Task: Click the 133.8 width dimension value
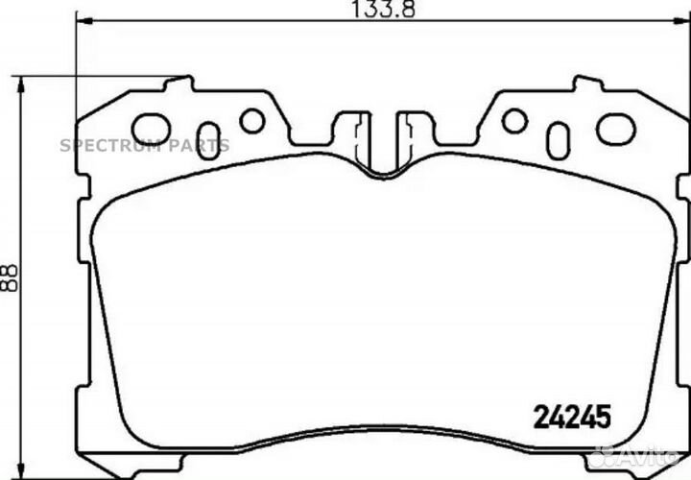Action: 383,9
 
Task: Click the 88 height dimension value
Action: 9,277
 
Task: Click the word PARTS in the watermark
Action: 200,145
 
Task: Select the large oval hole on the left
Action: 152,129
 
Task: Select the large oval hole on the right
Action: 615,129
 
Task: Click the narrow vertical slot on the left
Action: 208,141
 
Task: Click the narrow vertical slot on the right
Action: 558,141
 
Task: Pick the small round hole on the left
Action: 252,121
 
